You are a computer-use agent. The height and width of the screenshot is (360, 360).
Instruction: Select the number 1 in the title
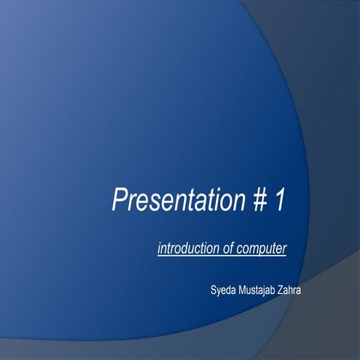[x=279, y=200]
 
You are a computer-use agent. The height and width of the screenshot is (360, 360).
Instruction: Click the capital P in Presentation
[x=119, y=200]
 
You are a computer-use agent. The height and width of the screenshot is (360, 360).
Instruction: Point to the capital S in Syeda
[x=214, y=289]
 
